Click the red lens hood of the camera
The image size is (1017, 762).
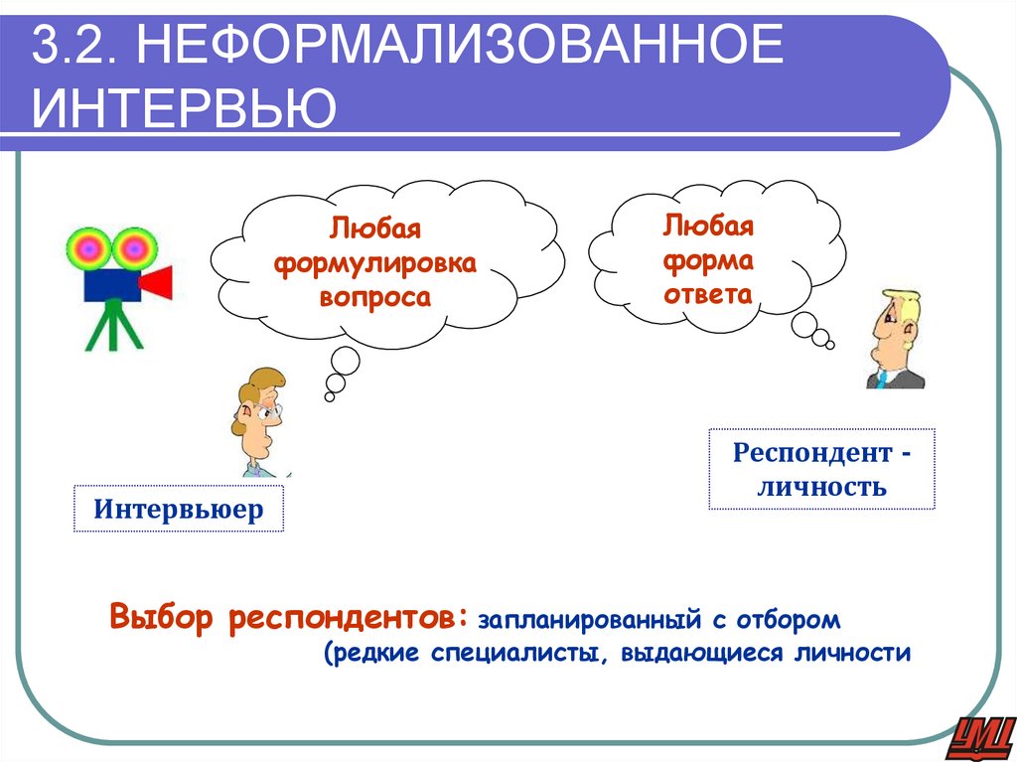pos(156,283)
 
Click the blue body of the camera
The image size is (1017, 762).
pos(110,284)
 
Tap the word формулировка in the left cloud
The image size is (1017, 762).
pos(375,263)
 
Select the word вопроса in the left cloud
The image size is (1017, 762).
pos(375,297)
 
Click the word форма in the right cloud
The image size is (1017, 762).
pos(708,259)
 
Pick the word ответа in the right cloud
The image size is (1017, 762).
pos(708,294)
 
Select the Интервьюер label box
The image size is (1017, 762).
pos(179,510)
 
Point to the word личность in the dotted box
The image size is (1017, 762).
pos(821,488)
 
